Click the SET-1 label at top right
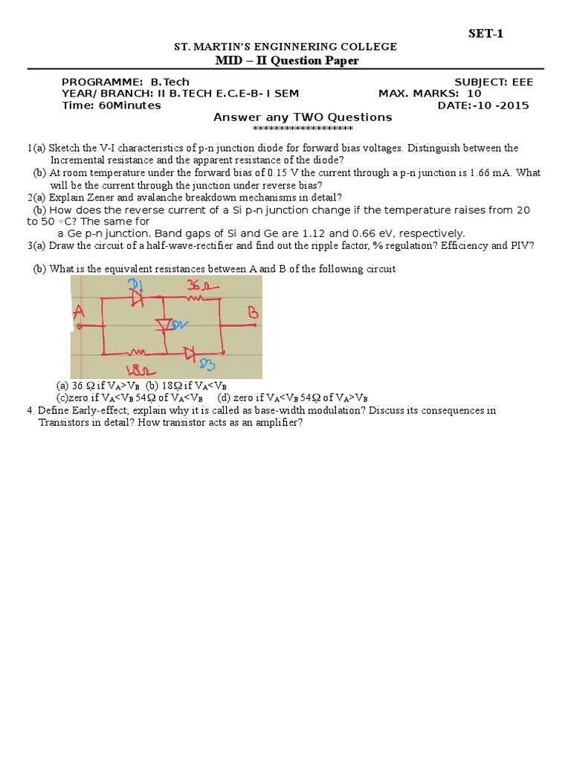pos(486,33)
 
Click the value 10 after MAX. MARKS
pos(474,94)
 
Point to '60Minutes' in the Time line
pos(129,106)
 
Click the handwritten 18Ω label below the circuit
pos(135,369)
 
